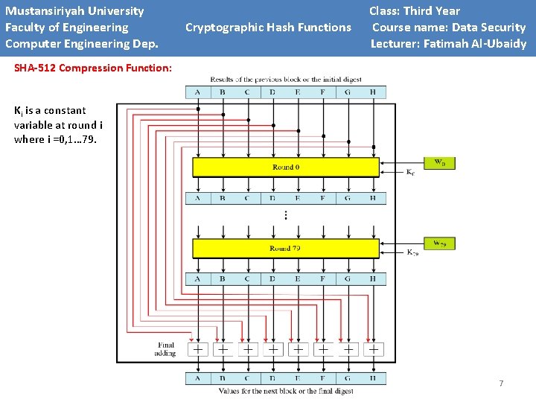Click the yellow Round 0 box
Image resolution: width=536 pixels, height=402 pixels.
pyautogui.click(x=285, y=167)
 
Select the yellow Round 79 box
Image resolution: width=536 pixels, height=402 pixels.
pyautogui.click(x=285, y=248)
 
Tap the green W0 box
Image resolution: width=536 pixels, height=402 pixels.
pyautogui.click(x=439, y=162)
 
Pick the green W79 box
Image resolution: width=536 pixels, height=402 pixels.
pyautogui.click(x=439, y=243)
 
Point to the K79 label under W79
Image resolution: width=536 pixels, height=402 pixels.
pyautogui.click(x=412, y=253)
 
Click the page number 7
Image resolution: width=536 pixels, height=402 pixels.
pyautogui.click(x=501, y=383)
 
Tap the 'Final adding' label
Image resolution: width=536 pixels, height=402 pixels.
pyautogui.click(x=166, y=349)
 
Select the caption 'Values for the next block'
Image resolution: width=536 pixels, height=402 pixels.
pyautogui.click(x=286, y=391)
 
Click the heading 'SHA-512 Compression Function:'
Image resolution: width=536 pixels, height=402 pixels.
pyautogui.click(x=93, y=68)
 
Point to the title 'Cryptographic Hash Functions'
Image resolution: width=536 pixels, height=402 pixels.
pyautogui.click(x=268, y=28)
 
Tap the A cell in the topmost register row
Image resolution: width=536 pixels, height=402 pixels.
pyautogui.click(x=198, y=92)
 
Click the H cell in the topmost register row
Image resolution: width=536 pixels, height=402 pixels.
pyautogui.click(x=373, y=92)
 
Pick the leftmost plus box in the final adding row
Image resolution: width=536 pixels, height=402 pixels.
pyautogui.click(x=198, y=348)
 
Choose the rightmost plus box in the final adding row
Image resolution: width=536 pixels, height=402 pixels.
pyautogui.click(x=373, y=348)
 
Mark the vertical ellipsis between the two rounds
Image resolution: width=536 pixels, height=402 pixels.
pyautogui.click(x=285, y=215)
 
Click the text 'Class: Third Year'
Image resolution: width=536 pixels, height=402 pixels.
pyautogui.click(x=415, y=11)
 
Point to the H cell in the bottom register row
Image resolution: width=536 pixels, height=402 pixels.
pyautogui.click(x=373, y=377)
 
